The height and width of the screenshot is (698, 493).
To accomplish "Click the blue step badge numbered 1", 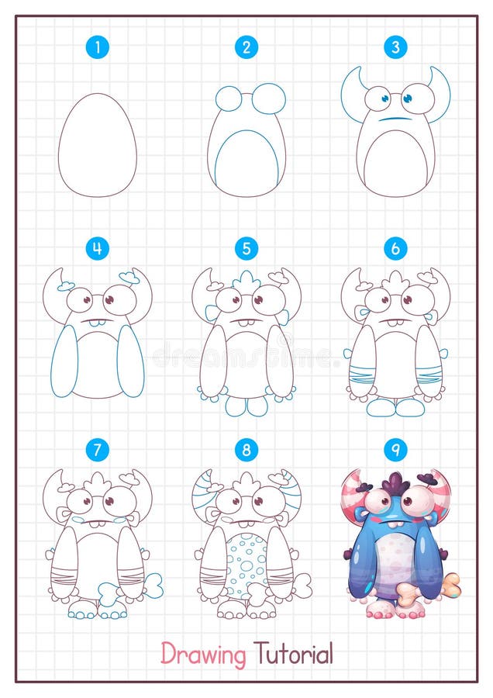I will (98, 47).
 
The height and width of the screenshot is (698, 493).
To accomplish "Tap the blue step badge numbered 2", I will (246, 47).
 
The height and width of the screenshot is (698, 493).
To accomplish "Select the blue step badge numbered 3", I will (395, 47).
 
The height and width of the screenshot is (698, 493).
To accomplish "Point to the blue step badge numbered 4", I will (98, 248).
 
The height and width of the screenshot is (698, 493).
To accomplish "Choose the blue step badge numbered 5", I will (246, 248).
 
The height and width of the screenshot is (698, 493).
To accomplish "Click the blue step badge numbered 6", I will (395, 248).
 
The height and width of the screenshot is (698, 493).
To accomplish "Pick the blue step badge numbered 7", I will (98, 449).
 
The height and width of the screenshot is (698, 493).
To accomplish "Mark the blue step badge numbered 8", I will (246, 449).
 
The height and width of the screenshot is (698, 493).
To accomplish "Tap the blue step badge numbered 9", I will (395, 449).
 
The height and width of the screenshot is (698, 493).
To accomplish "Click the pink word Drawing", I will (203, 654).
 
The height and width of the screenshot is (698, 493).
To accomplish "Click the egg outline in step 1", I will (98, 144).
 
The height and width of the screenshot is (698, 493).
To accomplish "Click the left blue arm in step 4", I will (64, 361).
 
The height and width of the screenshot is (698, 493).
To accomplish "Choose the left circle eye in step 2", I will (229, 98).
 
